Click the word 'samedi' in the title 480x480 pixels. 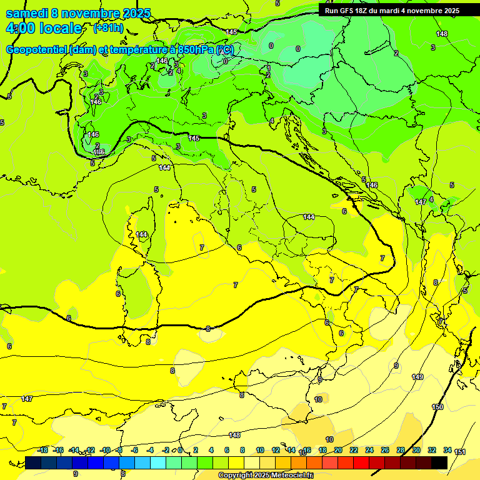pyautogui.click(x=26, y=13)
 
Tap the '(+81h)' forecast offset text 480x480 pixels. pyautogui.click(x=107, y=28)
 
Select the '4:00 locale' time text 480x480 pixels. pyautogui.click(x=43, y=28)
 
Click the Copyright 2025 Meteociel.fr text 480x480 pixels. pyautogui.click(x=265, y=476)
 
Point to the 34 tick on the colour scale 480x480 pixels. pyautogui.click(x=447, y=450)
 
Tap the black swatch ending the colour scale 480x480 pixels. pyautogui.click(x=439, y=462)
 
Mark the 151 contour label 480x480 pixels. pyautogui.click(x=460, y=452)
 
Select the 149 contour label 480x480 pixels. pyautogui.click(x=417, y=377)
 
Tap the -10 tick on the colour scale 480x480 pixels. pyautogui.click(x=104, y=450)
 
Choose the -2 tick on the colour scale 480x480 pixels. pyautogui.click(x=166, y=450)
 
